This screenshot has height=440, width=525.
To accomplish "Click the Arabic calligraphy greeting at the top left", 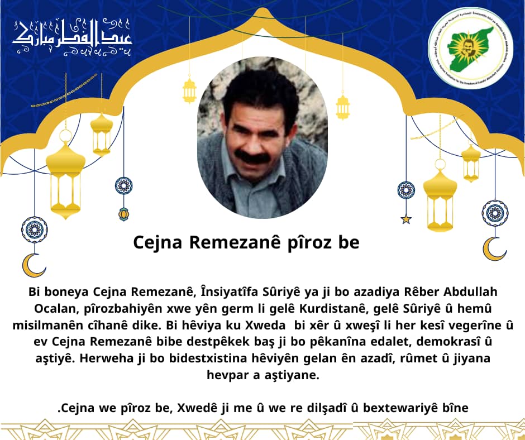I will [72, 39].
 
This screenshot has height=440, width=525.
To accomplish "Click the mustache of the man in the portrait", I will [253, 157].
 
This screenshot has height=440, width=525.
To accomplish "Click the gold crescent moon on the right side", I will [494, 248].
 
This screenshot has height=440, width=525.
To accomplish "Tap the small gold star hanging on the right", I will [406, 219].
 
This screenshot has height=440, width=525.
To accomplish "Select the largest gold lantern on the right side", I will [440, 195].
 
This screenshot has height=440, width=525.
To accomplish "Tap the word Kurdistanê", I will [323, 309].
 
